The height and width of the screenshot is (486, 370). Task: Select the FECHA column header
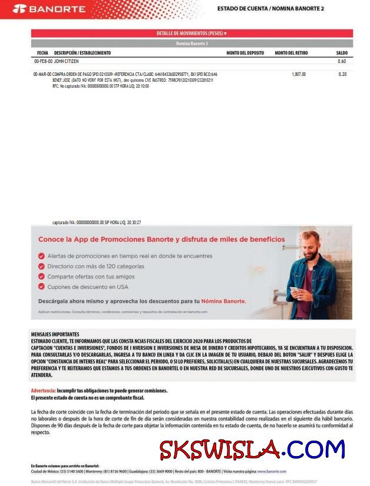[x=42, y=53]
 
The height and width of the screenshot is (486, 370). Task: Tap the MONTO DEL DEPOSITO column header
[x=245, y=53]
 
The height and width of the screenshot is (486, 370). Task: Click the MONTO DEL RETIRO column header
[x=291, y=53]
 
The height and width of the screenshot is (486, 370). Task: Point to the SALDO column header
[x=342, y=53]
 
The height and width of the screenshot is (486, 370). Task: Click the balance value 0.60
[x=342, y=61]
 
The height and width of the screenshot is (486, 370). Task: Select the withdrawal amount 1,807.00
[x=299, y=74]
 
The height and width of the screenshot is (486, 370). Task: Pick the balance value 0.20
[x=342, y=74]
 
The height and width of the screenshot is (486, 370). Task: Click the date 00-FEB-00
[x=43, y=61]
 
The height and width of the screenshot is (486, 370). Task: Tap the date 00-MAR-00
[x=42, y=74]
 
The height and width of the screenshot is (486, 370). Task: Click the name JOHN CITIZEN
[x=67, y=61]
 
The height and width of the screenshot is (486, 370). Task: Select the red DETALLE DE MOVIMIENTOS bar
[x=191, y=34]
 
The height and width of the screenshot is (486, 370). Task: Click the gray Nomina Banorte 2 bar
[x=191, y=44]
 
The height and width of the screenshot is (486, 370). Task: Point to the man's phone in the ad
[x=293, y=289]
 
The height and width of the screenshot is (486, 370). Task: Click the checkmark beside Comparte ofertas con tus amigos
[x=41, y=277]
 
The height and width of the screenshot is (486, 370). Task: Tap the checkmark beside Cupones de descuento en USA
[x=41, y=287]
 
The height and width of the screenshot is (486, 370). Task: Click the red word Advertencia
[x=43, y=391]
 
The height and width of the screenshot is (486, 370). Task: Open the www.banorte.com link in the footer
[x=272, y=471]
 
